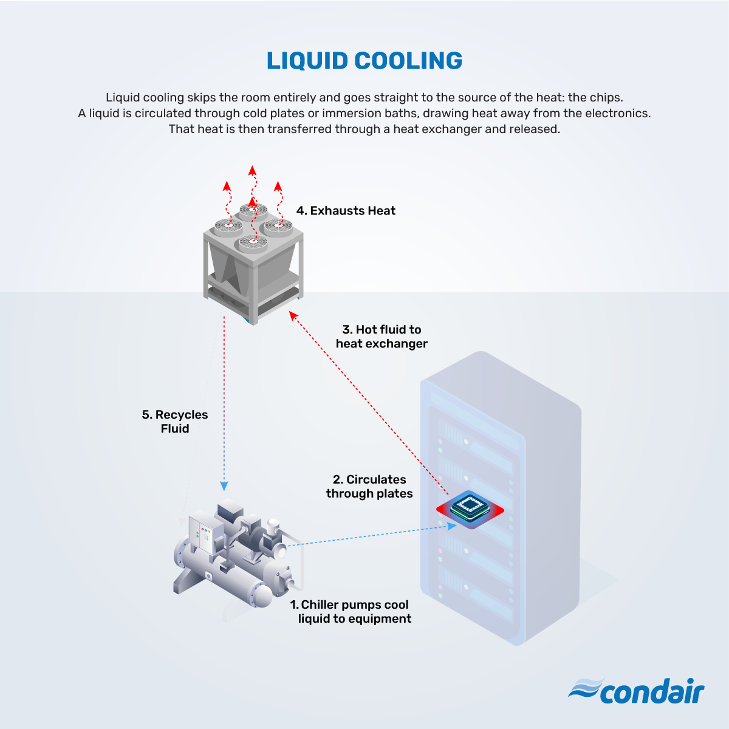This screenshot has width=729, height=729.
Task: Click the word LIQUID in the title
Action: point(307,61)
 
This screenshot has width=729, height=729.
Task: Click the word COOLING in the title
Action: point(408,61)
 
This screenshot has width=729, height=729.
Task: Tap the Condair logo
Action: point(636,691)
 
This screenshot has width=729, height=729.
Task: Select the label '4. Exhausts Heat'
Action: point(346,211)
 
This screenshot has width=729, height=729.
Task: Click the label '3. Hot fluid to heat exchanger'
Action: point(382,337)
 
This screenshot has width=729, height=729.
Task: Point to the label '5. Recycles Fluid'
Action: point(175,422)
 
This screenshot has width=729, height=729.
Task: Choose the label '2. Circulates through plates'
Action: point(369,487)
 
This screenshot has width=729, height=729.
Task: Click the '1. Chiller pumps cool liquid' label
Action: point(351,611)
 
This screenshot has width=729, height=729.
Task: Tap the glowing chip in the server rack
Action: point(470,509)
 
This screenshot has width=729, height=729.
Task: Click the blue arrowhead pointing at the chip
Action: point(453,526)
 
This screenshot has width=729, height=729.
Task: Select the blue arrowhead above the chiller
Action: point(224,486)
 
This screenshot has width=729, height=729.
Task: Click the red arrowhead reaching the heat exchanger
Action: point(293,315)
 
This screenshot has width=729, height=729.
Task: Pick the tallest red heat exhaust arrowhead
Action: point(252,170)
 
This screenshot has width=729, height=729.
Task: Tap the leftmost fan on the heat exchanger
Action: point(228,226)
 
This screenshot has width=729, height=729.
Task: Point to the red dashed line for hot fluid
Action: point(369,403)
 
